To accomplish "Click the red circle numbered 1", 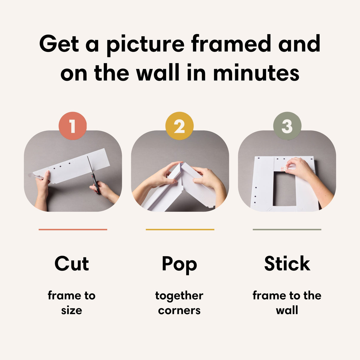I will click(73, 126).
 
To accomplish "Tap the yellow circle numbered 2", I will click(179, 126).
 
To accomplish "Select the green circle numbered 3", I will click(287, 126).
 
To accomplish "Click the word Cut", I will click(72, 264).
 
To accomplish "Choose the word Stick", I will click(287, 264).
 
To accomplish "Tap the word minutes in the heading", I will click(256, 73).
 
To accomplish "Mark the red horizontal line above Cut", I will click(73, 229).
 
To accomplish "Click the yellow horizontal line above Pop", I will click(180, 229).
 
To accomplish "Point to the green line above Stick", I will click(287, 229).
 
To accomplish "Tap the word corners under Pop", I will click(179, 310).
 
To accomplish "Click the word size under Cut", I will click(71, 310).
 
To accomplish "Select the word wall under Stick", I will click(287, 310).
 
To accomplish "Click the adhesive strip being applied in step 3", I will click(283, 169).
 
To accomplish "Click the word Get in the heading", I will click(59, 44).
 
